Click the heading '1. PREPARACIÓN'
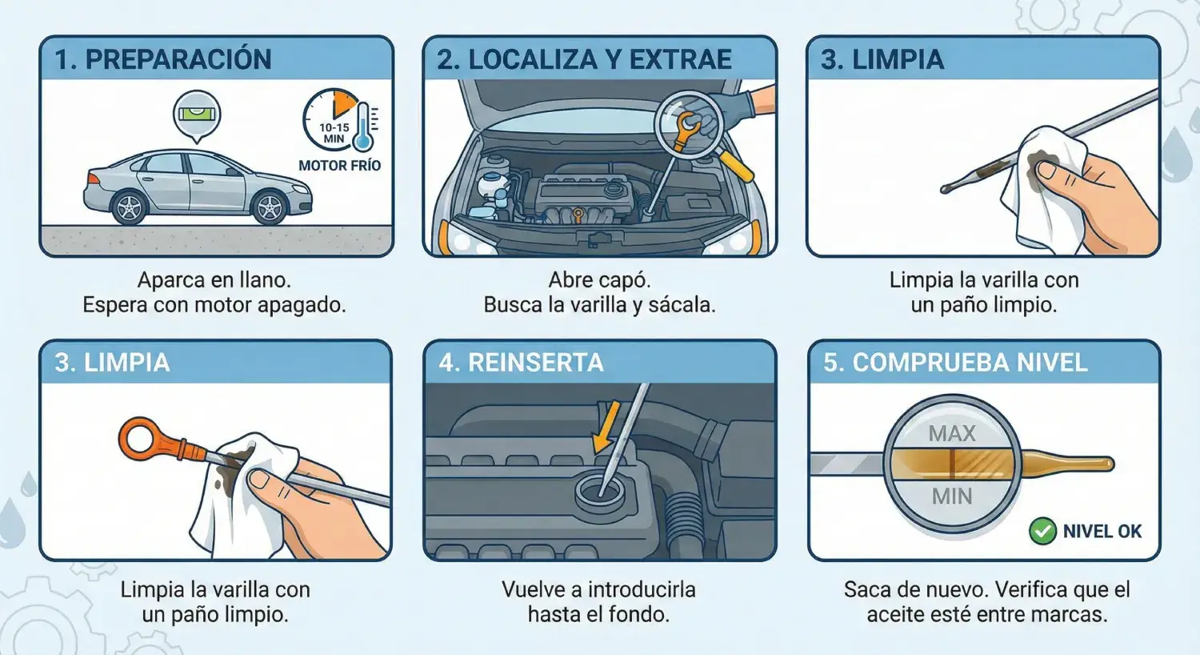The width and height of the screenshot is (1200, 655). tap(163, 59)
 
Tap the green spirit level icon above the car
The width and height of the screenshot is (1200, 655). tap(197, 115)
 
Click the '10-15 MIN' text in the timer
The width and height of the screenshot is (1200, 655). tap(334, 133)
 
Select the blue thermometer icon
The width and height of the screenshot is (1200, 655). tap(363, 127)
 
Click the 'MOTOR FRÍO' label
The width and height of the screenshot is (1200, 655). tap(340, 166)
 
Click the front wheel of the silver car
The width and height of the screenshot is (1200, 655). tap(268, 207)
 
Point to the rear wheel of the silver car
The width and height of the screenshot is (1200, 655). tap(129, 207)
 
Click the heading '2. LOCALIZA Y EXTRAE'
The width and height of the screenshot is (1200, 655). tap(585, 59)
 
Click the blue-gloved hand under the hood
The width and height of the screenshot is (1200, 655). tap(729, 109)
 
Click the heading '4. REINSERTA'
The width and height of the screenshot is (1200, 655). tap(521, 363)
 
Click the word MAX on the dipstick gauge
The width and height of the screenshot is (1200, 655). tap(952, 434)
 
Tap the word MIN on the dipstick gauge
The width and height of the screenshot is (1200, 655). tap(952, 497)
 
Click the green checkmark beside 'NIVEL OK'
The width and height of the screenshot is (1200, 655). tap(1042, 531)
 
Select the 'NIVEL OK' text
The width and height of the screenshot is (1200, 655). tap(1102, 531)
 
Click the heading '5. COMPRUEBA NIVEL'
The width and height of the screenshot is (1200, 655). tap(955, 363)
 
